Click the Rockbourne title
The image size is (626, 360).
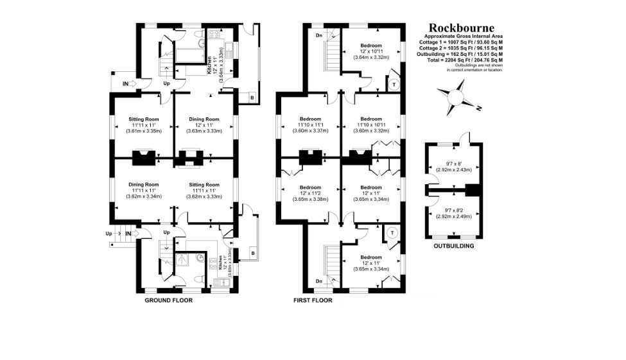[462, 28]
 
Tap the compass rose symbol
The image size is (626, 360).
[456, 98]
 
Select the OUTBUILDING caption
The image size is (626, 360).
[454, 246]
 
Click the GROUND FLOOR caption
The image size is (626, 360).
[168, 300]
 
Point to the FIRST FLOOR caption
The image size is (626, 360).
[313, 300]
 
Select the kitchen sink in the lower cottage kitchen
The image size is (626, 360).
[222, 282]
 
